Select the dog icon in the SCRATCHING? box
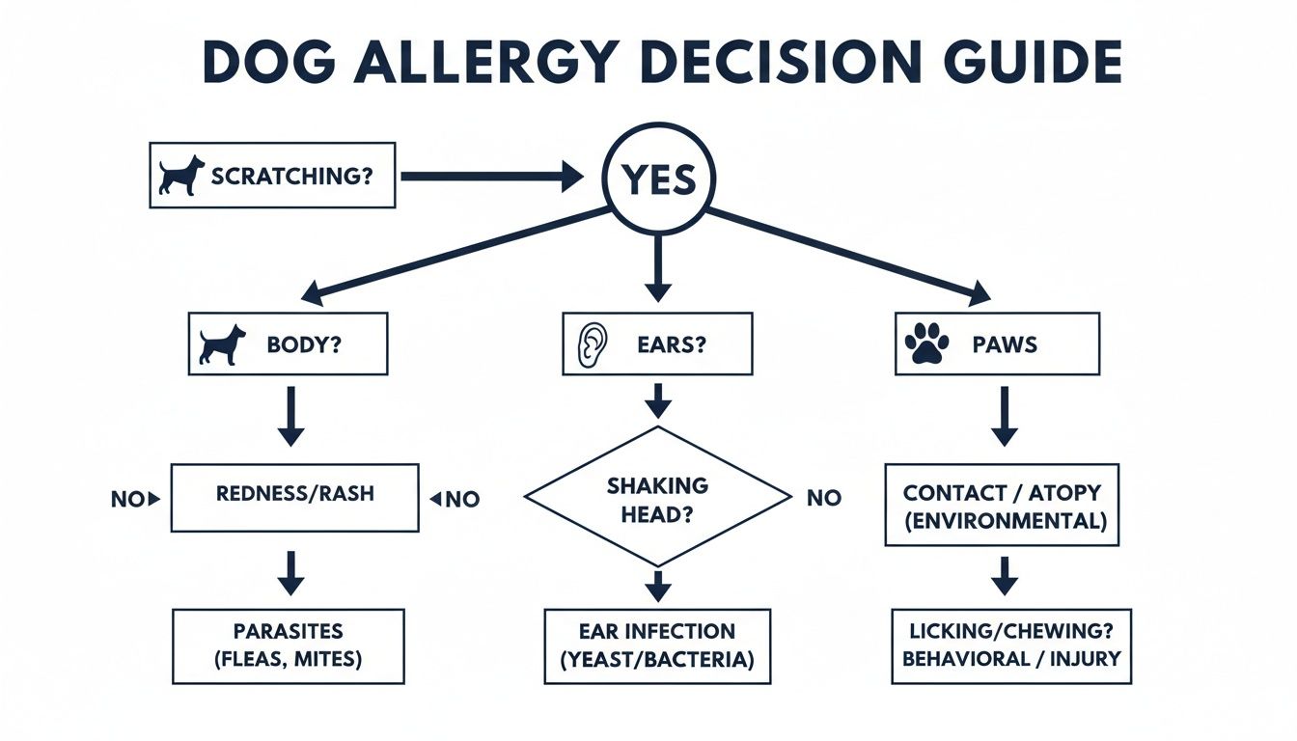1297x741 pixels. [182, 176]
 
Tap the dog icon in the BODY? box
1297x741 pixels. [221, 344]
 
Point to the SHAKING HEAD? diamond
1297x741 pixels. [657, 497]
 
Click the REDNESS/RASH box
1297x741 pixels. [295, 498]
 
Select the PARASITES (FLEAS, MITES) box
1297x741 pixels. [288, 646]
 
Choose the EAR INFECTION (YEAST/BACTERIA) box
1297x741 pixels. [657, 646]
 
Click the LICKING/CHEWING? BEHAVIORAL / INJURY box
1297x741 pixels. [1010, 645]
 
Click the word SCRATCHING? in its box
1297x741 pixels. [290, 177]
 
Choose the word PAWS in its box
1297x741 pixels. [1005, 344]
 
